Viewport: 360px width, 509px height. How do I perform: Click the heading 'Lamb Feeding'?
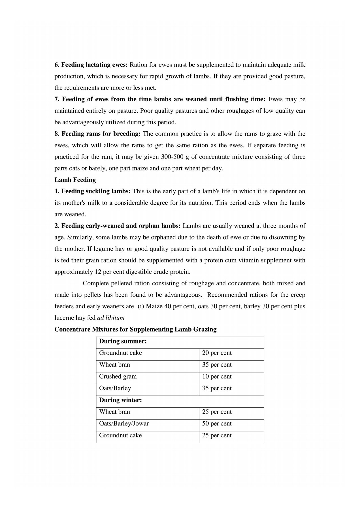75,180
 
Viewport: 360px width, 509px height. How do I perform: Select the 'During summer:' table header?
123,341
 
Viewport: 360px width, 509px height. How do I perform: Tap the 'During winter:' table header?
120,400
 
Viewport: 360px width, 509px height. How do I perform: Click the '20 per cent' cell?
217,353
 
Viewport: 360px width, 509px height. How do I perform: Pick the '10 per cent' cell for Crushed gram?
217,377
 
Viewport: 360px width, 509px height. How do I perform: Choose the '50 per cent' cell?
217,424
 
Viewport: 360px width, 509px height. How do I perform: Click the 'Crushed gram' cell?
118,377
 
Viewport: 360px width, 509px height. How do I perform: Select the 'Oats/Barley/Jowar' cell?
124,424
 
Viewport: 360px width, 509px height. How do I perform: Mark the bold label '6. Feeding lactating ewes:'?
91,65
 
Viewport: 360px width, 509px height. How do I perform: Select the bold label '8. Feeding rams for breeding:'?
97,134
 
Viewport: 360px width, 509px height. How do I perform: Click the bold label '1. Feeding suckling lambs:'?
92,191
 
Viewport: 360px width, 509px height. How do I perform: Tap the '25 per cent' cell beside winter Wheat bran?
217,412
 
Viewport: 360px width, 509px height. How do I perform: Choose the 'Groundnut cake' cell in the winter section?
120,435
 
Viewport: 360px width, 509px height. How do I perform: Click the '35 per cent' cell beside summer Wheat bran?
217,365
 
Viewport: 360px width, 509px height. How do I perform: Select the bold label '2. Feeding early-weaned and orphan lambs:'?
118,226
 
